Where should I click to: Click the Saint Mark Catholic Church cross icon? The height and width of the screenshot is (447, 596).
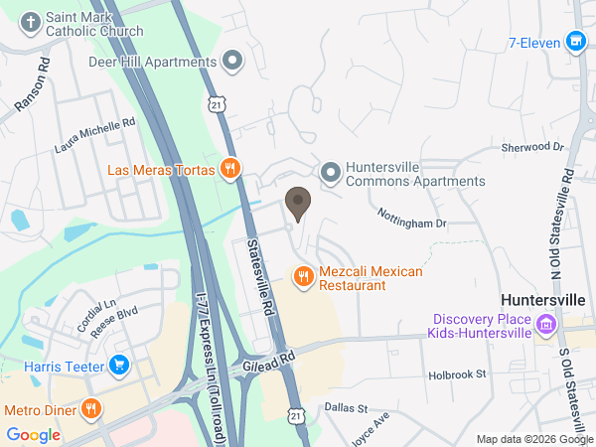31,22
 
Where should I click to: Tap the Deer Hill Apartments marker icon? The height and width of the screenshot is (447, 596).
233,62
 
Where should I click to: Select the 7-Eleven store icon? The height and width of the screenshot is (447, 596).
574,42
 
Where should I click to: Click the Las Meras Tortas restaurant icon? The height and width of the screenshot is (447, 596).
230,169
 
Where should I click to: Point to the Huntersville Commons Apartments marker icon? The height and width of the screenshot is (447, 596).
330,173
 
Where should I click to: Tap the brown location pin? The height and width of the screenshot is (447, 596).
297,205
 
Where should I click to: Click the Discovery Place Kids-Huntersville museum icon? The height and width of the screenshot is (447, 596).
545,325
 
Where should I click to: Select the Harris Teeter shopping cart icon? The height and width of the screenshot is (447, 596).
120,365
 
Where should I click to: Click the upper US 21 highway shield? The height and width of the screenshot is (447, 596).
219,102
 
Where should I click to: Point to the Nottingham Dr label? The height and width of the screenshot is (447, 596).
412,218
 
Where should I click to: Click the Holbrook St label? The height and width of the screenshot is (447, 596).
456,374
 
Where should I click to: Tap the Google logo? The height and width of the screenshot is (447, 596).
34,434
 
